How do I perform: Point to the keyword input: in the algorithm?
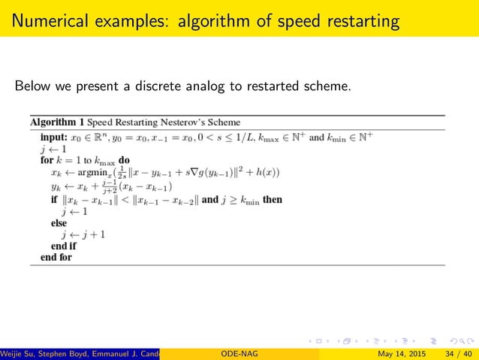pyautogui.click(x=53, y=138)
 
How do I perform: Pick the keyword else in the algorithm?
pyautogui.click(x=59, y=223)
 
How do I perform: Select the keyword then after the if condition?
pyautogui.click(x=272, y=201)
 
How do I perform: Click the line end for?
pyautogui.click(x=56, y=257)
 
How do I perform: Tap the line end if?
pyautogui.click(x=63, y=246)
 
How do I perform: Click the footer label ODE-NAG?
pyautogui.click(x=237, y=353)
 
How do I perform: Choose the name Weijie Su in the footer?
pyautogui.click(x=20, y=353)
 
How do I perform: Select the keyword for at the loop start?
pyautogui.click(x=46, y=160)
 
